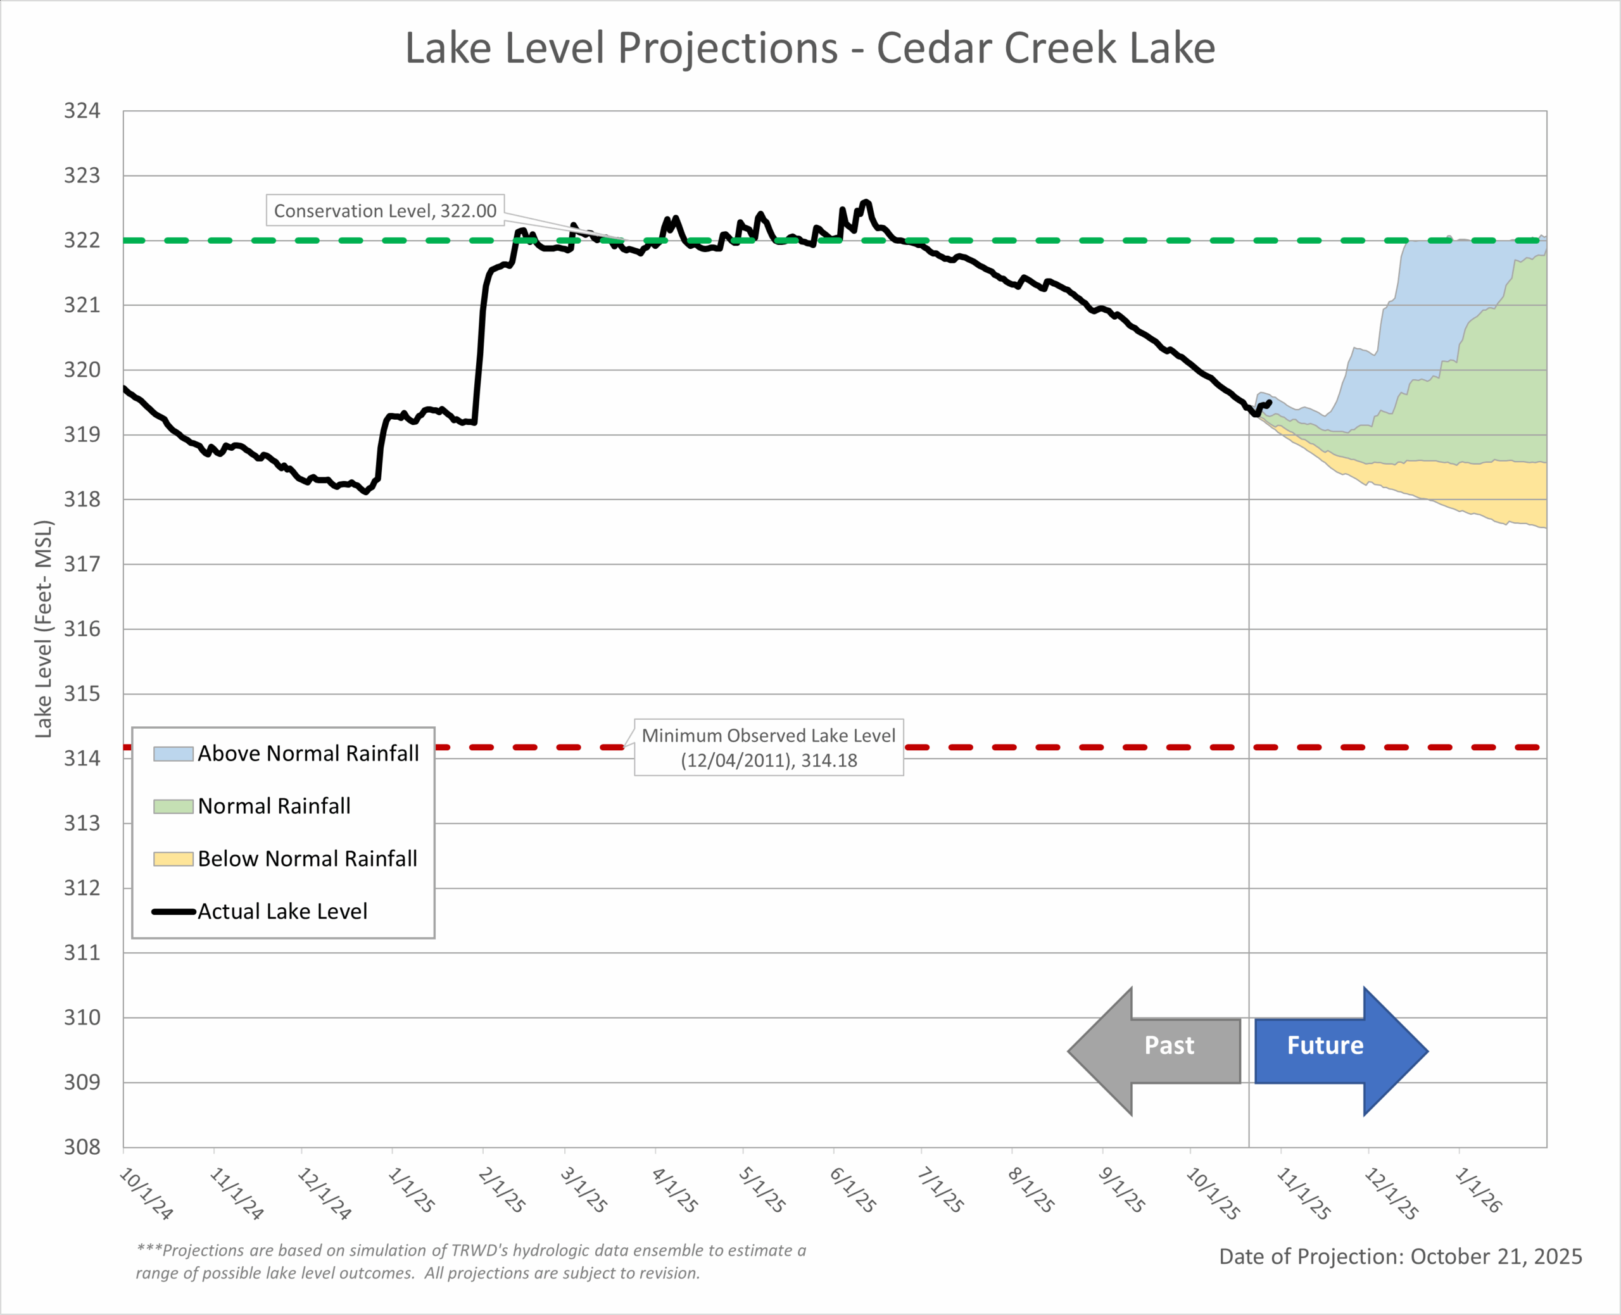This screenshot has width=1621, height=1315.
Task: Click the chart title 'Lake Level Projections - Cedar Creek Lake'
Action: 810,49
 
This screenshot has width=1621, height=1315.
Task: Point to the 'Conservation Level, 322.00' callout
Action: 385,211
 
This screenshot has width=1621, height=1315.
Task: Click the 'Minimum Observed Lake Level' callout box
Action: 768,747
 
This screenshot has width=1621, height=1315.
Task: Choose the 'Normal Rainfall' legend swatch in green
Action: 173,807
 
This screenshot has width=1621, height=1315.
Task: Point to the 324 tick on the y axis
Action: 82,111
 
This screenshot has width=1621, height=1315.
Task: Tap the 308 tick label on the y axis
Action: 82,1147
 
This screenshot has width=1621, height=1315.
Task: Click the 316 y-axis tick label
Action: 82,629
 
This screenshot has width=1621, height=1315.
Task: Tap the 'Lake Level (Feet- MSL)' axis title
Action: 44,629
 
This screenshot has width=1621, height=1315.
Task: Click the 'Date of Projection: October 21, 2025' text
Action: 1400,1257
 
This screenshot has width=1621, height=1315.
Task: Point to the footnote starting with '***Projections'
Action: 470,1261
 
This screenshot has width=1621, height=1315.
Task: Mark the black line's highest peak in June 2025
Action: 866,201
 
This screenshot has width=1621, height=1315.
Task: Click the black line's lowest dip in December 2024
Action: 367,491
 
